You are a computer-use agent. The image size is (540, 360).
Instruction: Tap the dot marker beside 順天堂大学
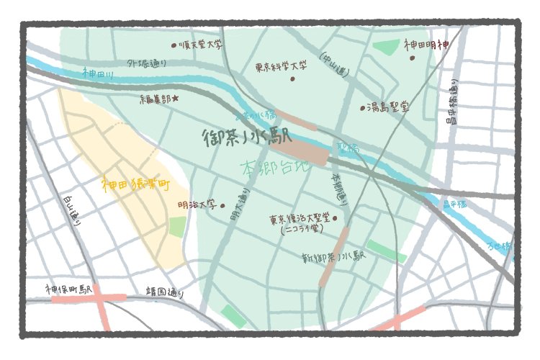(x=174, y=45)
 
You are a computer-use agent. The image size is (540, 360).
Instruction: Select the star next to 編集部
(x=175, y=98)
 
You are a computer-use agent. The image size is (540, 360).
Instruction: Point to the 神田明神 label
(x=426, y=45)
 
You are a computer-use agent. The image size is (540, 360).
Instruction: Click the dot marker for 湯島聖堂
(x=363, y=109)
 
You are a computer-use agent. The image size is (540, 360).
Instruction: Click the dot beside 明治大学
(x=222, y=205)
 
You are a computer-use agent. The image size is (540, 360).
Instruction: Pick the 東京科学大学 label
(x=282, y=66)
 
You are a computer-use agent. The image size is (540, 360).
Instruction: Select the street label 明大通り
(x=235, y=204)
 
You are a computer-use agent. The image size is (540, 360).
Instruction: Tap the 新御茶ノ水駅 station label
(x=335, y=257)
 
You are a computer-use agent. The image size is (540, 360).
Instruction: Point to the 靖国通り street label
(x=165, y=293)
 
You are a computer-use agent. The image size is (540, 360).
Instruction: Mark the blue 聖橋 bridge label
(x=347, y=149)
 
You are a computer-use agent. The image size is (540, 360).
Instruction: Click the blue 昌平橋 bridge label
(x=454, y=204)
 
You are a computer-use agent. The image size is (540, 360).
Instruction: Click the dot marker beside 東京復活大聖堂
(x=335, y=217)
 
